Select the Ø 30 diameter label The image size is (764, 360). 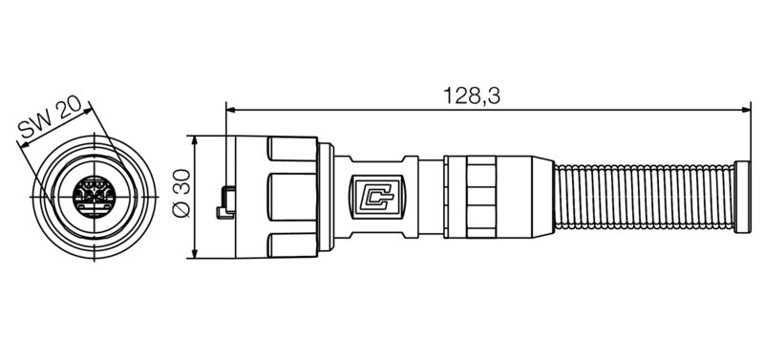(180, 197)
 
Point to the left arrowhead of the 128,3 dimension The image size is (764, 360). (230, 109)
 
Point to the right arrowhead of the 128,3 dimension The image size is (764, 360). (747, 109)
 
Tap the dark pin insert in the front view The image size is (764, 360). (92, 195)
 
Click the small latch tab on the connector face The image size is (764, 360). (225, 201)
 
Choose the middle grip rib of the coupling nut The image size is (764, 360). (291, 197)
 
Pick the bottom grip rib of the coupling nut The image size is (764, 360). (291, 244)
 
